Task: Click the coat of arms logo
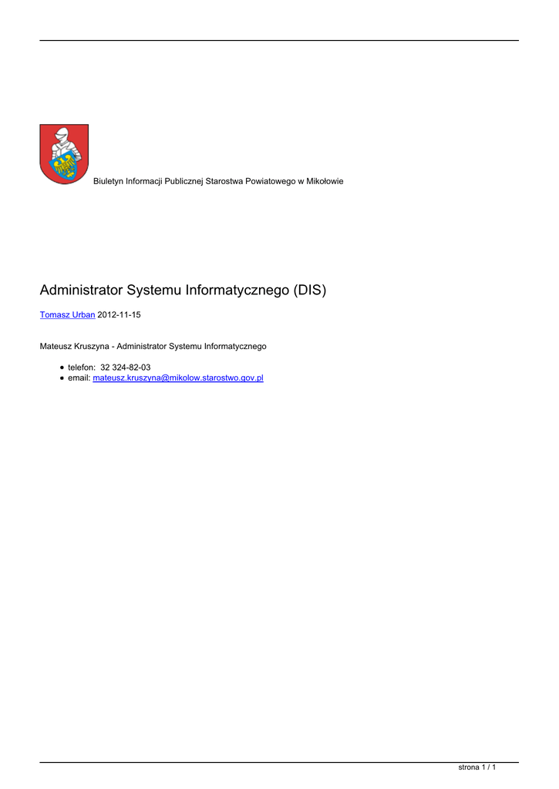pyautogui.click(x=64, y=154)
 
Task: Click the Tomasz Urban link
pyautogui.click(x=67, y=315)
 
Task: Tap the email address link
pyautogui.click(x=177, y=378)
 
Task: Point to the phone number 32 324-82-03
pyautogui.click(x=126, y=368)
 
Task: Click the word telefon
pyautogui.click(x=81, y=368)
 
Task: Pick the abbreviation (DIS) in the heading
pyautogui.click(x=306, y=290)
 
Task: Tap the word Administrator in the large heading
pyautogui.click(x=80, y=290)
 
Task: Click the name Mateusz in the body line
pyautogui.click(x=56, y=347)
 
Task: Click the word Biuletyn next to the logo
pyautogui.click(x=109, y=181)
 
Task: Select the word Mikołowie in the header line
pyautogui.click(x=325, y=181)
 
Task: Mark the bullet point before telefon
pyautogui.click(x=62, y=368)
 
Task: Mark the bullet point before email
pyautogui.click(x=62, y=379)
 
